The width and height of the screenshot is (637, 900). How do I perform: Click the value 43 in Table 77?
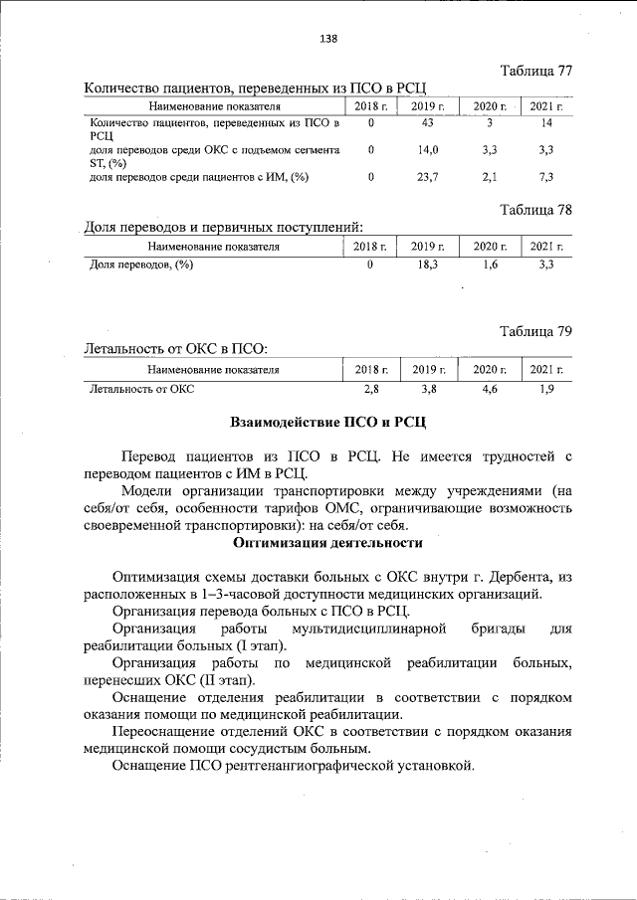(x=429, y=123)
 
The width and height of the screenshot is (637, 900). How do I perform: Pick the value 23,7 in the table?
(x=429, y=176)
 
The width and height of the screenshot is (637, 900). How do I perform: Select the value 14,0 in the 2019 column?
(x=429, y=149)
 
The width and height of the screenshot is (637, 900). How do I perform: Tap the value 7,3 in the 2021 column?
(x=544, y=176)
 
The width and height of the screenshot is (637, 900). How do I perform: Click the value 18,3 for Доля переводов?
(x=429, y=265)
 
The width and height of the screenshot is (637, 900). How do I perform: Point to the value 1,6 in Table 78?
(x=489, y=265)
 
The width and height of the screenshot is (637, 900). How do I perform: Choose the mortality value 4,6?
(x=489, y=390)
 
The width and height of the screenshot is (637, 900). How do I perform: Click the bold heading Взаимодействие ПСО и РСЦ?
(x=327, y=423)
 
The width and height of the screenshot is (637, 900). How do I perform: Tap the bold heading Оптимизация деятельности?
(x=327, y=543)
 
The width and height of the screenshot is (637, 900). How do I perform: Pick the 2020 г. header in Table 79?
(x=489, y=369)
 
